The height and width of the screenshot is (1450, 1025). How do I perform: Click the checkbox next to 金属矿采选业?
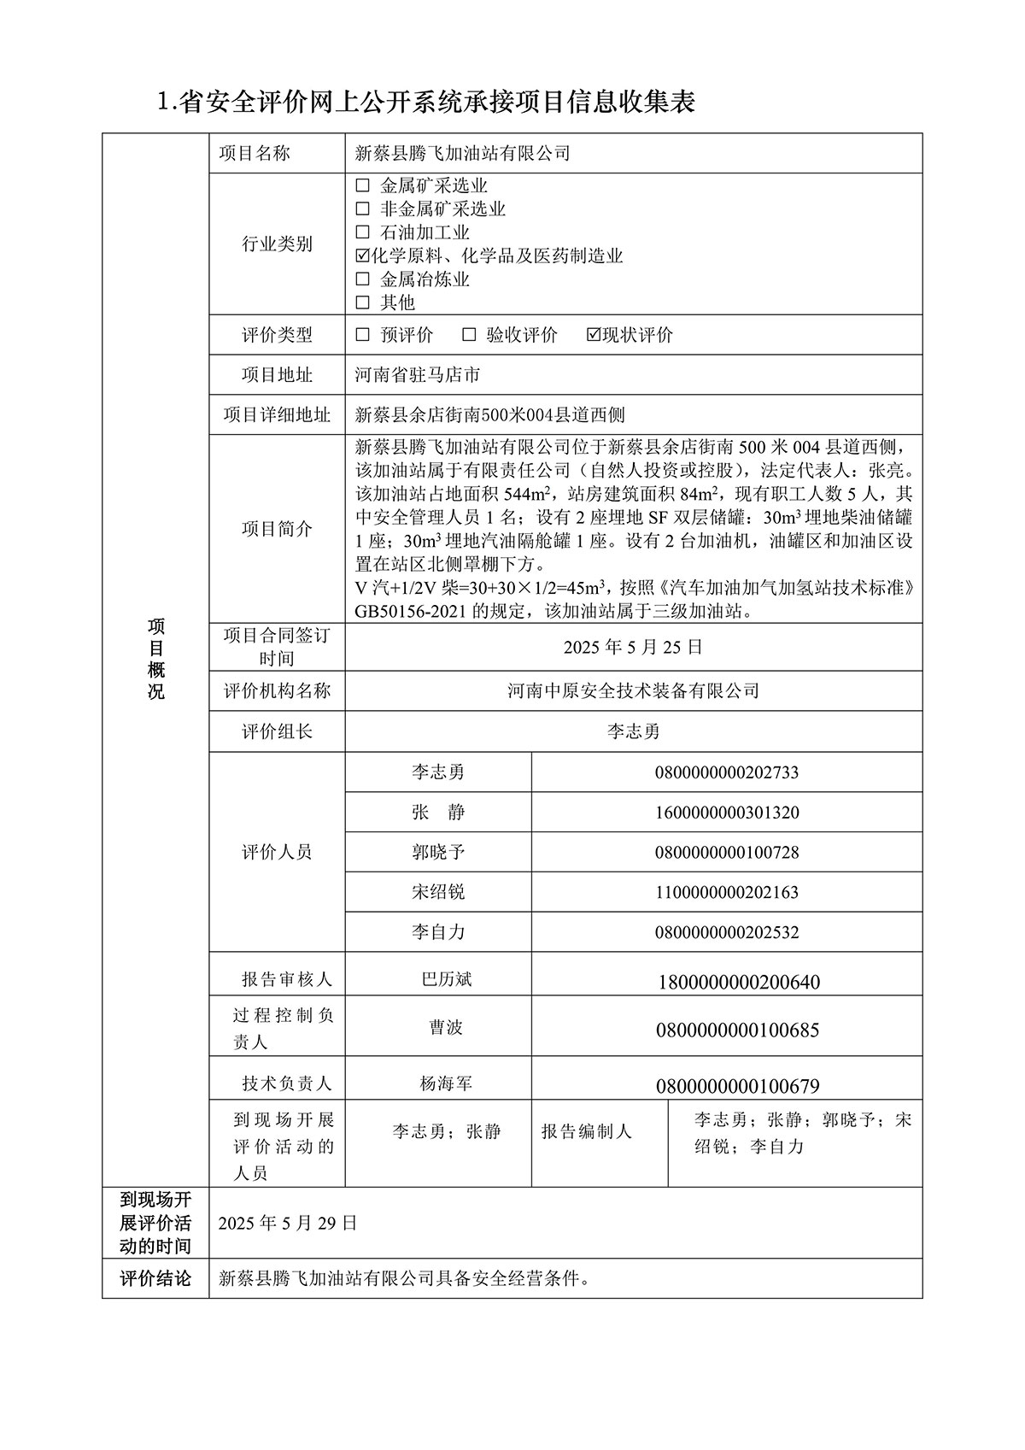pos(362,185)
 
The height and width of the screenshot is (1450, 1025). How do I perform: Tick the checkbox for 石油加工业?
pos(362,232)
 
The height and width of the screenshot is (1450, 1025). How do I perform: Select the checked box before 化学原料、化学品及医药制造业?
pos(362,255)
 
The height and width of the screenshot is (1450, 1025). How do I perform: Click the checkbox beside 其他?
pos(362,302)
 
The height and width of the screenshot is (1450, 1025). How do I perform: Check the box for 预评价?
pos(362,335)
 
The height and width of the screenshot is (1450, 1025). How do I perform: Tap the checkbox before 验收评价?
pos(468,335)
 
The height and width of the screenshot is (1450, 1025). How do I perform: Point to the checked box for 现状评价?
pos(594,335)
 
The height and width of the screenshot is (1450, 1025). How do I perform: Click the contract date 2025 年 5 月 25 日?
pos(633,647)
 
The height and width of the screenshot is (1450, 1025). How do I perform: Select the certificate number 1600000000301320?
pos(727,813)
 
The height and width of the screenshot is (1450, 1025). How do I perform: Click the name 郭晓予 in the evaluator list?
pos(438,852)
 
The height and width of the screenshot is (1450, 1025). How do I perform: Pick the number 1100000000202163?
pos(727,892)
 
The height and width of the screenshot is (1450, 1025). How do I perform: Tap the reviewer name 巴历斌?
pos(446,979)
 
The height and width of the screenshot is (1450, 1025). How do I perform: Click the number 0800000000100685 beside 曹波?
pos(737,1030)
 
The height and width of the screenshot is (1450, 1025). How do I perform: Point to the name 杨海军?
pos(446,1084)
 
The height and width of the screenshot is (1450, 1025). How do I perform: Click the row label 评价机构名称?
pos(277,690)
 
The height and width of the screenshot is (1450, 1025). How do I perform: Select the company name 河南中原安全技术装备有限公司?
pos(633,690)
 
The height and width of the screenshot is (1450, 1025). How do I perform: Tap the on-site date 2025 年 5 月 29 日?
pos(288,1223)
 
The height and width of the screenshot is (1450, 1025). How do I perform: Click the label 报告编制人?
pos(587,1131)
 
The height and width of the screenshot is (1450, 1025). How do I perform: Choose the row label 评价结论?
pos(155,1279)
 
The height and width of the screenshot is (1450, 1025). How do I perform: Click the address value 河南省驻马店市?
pos(417,374)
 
